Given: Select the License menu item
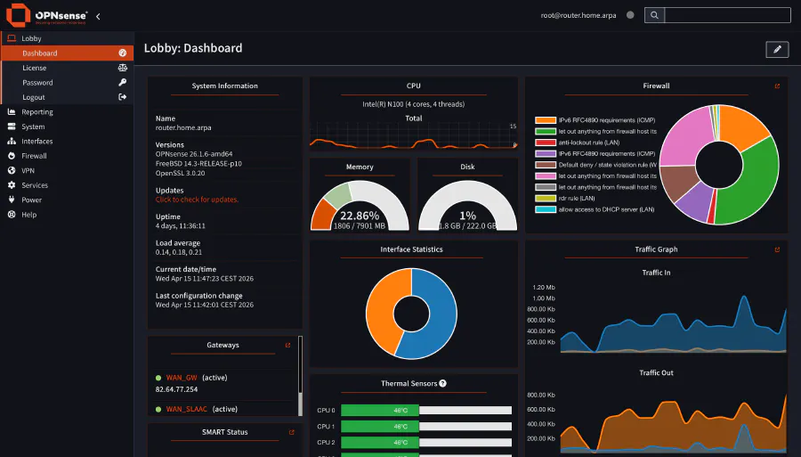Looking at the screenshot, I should click(35, 68).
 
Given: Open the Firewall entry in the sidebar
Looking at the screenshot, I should click(34, 156).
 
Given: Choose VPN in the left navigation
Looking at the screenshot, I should click(28, 170).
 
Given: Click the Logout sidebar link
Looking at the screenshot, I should click(34, 97).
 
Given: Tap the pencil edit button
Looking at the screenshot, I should click(777, 49).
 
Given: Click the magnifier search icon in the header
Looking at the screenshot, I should click(654, 15).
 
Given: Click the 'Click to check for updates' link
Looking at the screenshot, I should click(197, 200).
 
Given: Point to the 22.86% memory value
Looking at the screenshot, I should click(360, 216).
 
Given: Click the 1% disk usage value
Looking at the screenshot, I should click(467, 216).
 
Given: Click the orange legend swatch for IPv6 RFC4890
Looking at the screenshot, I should click(545, 120).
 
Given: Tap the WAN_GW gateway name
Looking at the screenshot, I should click(181, 378).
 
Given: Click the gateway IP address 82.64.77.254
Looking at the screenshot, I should click(176, 389).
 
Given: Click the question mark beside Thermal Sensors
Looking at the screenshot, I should click(442, 383).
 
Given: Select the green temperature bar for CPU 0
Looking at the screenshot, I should click(379, 411).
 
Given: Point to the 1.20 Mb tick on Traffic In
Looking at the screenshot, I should click(544, 288).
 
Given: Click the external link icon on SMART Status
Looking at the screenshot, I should click(291, 432).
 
